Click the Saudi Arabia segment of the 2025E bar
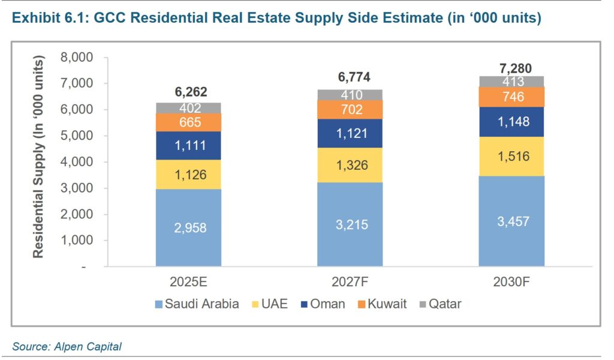[x=188, y=227]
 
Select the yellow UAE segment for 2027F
[x=350, y=165]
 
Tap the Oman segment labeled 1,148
[x=511, y=122]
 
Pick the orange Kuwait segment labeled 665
[x=188, y=122]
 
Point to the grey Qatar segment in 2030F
[x=511, y=82]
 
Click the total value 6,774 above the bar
[x=350, y=77]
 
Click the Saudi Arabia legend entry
[x=196, y=304]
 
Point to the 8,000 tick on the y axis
[x=77, y=58]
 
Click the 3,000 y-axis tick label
[x=77, y=188]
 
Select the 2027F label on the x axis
[x=350, y=282]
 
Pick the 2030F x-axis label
[x=511, y=282]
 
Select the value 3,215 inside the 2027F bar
[x=350, y=224]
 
